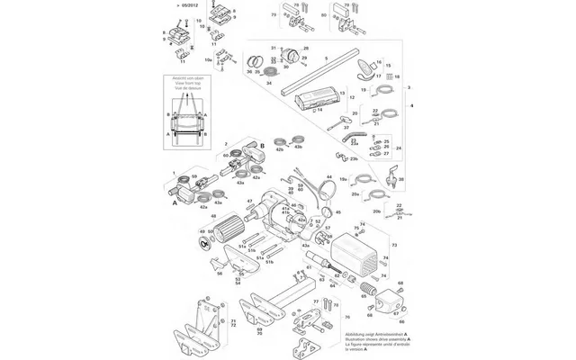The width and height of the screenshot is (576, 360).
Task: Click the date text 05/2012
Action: (x=189, y=4)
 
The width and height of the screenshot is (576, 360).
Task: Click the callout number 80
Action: (x=324, y=16)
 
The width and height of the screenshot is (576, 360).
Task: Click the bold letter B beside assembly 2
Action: (x=262, y=144)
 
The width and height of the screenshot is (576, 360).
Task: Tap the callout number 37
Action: (x=345, y=128)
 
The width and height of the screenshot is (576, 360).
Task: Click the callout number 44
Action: (x=329, y=177)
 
